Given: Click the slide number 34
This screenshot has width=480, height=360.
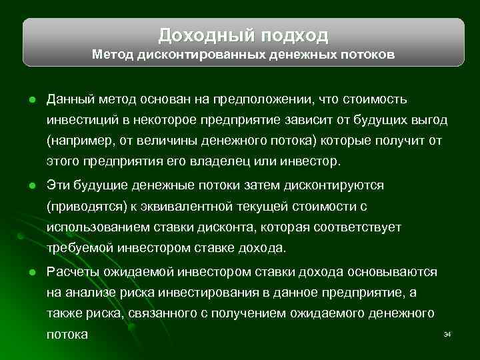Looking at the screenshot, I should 447,333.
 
